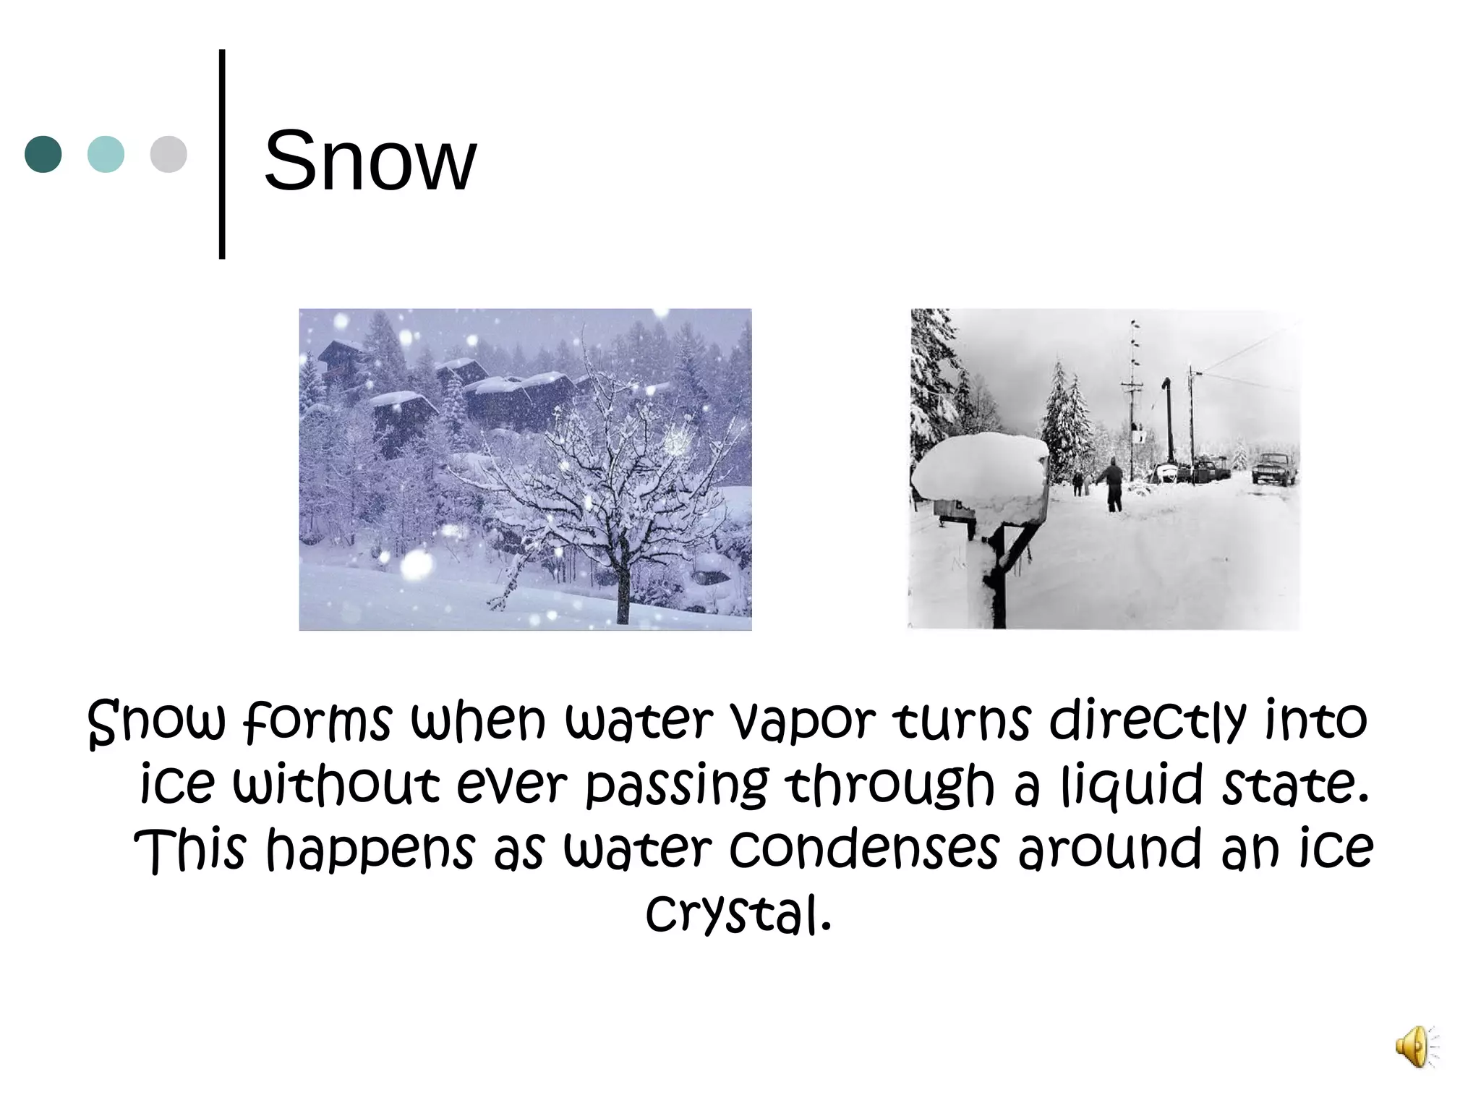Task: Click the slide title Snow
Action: tap(370, 160)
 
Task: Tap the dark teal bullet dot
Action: tap(43, 154)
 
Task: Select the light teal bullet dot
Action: tap(106, 154)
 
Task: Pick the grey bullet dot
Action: tap(168, 154)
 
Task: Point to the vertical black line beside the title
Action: tap(222, 153)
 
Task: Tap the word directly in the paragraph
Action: tap(1148, 722)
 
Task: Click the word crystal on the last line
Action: tap(738, 913)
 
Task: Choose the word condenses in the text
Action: tap(863, 848)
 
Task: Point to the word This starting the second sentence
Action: tap(190, 848)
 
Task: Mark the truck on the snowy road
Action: tap(1274, 468)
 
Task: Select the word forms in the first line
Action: tap(318, 722)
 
